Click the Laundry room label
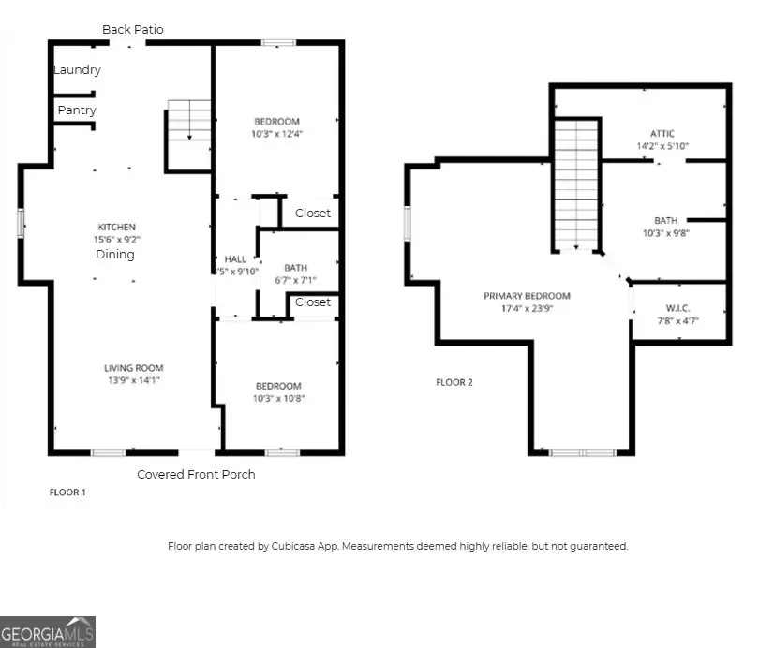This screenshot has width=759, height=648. (x=77, y=70)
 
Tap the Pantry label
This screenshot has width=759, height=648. (x=77, y=110)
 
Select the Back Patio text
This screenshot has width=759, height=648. (x=133, y=30)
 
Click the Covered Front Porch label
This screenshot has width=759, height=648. (x=196, y=474)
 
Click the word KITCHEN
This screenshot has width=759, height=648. (x=118, y=227)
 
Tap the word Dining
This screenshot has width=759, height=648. (x=113, y=254)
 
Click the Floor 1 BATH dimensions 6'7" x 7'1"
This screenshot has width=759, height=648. (x=294, y=280)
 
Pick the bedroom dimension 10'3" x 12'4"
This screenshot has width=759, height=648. (x=277, y=134)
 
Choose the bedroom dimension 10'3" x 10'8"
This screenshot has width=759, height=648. (x=278, y=398)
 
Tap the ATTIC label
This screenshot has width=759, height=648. (x=662, y=134)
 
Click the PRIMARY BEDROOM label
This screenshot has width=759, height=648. (x=527, y=296)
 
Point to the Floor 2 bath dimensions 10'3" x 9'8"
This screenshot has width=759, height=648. (x=666, y=233)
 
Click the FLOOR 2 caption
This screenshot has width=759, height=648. (x=455, y=382)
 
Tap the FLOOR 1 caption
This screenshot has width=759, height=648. (x=67, y=492)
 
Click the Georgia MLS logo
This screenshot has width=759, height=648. (x=48, y=631)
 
